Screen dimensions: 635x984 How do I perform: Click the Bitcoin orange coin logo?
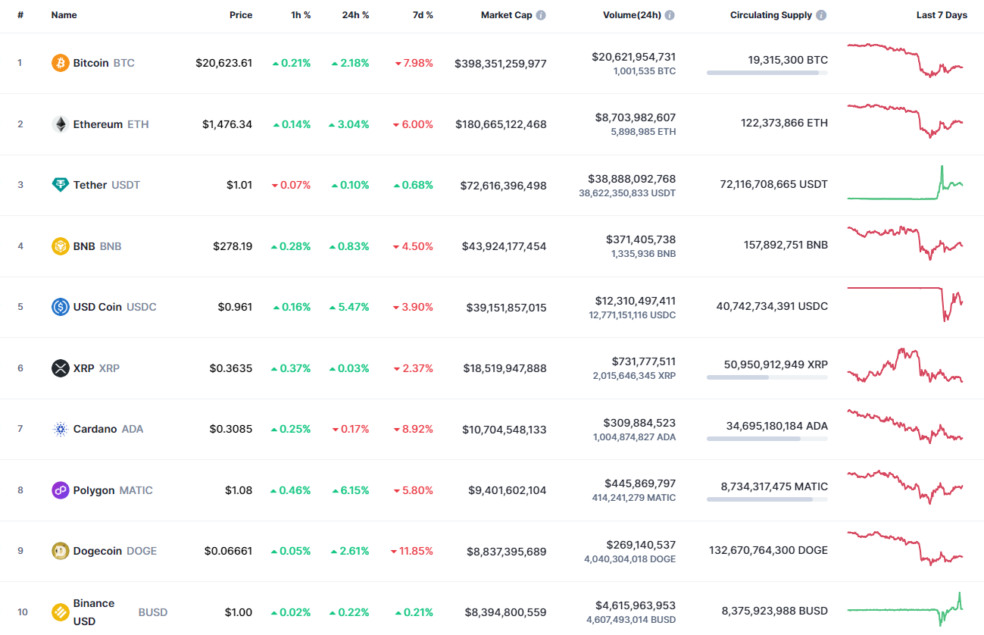click(60, 63)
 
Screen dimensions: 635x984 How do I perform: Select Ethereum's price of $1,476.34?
click(227, 124)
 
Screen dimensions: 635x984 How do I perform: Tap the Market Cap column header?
click(506, 15)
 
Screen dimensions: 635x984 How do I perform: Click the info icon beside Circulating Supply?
click(822, 15)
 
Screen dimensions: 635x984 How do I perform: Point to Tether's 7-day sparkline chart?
click(905, 184)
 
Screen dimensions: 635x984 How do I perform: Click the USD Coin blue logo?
click(60, 307)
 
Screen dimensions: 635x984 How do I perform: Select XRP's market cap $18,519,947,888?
click(504, 368)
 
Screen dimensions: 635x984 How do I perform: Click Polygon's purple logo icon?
click(60, 490)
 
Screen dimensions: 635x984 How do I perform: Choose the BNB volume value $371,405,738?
click(641, 239)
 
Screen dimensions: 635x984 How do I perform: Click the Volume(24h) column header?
click(633, 15)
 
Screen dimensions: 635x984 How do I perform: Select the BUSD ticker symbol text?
click(153, 612)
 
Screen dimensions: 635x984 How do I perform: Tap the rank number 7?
click(20, 430)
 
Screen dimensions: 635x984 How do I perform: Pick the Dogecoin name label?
click(97, 552)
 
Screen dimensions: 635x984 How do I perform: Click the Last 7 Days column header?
click(941, 15)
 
